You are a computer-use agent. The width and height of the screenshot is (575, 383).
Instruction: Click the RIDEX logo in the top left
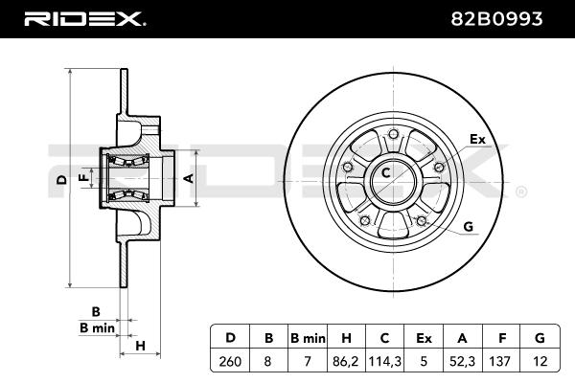coord(84,17)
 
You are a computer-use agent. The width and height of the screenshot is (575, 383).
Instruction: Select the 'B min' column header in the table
coord(308,337)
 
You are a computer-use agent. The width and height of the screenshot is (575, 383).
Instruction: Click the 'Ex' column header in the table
coord(425,337)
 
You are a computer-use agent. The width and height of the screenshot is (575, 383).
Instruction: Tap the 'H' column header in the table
coord(347,337)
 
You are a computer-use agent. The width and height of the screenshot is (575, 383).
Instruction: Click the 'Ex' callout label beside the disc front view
coord(477,140)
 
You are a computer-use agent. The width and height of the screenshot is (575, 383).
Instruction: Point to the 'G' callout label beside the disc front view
coord(469,226)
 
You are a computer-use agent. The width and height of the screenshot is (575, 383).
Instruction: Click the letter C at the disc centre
coord(387,173)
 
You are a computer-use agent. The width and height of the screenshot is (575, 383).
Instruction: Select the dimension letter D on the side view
coord(60,179)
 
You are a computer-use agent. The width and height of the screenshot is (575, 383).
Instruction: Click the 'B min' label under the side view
coord(97,328)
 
